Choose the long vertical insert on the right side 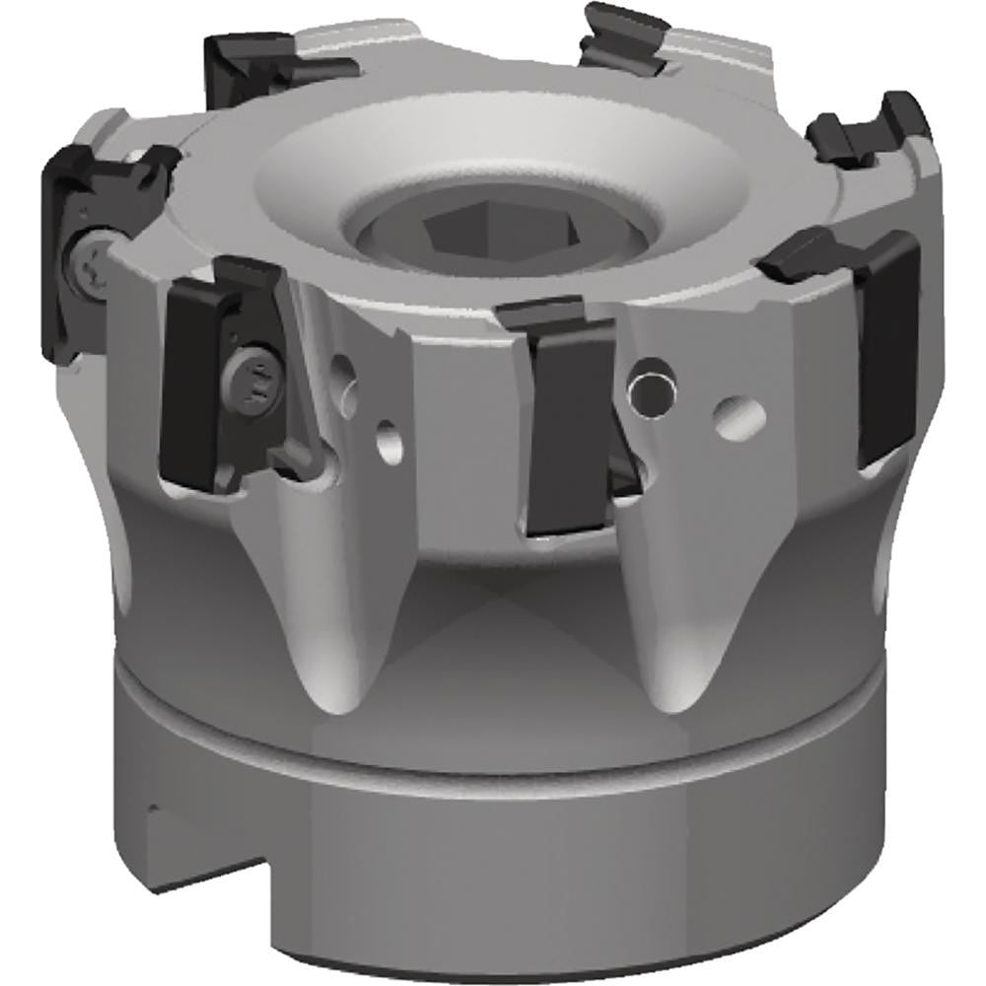click(887, 345)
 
